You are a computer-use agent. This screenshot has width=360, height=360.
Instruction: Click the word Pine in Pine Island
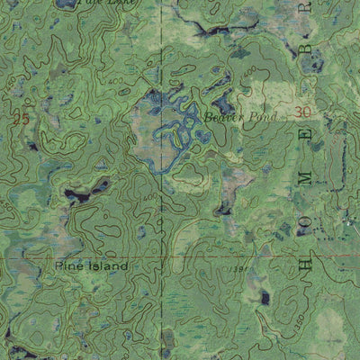coord(67,267)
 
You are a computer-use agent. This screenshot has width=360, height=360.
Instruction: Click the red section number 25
coord(22,119)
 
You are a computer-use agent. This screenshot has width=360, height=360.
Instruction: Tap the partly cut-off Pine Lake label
coord(99,3)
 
